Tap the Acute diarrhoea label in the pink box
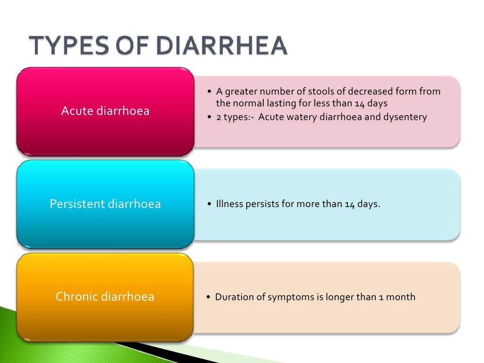click(105, 111)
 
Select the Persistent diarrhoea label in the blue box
click(105, 204)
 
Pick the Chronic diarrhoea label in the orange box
click(105, 297)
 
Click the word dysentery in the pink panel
click(405, 117)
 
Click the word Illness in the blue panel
click(230, 205)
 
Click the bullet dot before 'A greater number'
click(210, 92)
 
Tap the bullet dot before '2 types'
click(210, 117)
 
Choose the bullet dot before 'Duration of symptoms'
click(209, 298)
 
